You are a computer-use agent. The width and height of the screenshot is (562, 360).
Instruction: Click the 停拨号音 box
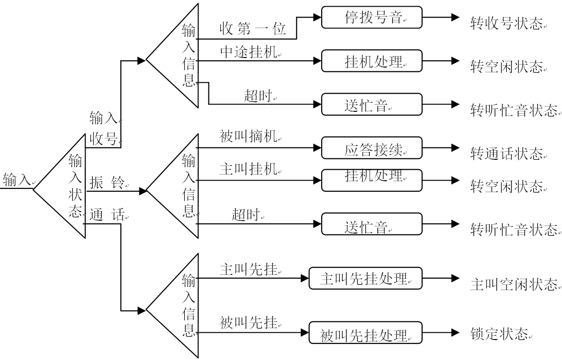tap(372, 17)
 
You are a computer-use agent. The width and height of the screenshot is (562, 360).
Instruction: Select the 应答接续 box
tap(372, 148)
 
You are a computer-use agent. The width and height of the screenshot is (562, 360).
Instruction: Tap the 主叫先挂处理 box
tap(365, 278)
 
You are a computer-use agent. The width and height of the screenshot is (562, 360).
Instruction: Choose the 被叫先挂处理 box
tap(365, 333)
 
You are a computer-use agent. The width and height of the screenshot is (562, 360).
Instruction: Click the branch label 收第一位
tap(253, 29)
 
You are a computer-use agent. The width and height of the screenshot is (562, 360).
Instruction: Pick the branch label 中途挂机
tap(249, 52)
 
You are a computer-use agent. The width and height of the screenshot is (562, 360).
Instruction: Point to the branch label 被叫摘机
tap(249, 137)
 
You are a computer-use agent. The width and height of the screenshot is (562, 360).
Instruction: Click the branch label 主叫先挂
tap(249, 270)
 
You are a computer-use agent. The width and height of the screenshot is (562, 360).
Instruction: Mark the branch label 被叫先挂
tap(249, 323)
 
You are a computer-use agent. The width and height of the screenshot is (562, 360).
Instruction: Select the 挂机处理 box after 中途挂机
tap(372, 61)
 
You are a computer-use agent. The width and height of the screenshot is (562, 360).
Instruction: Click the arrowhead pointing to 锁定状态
tap(455, 332)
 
